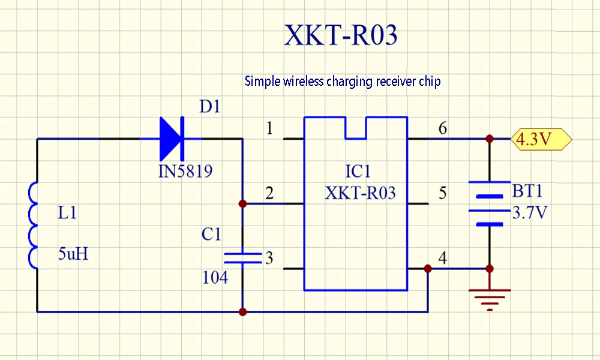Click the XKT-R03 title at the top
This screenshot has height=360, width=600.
pyautogui.click(x=340, y=36)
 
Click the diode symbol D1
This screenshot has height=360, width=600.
pyautogui.click(x=172, y=139)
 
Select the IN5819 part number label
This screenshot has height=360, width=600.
pyautogui.click(x=185, y=172)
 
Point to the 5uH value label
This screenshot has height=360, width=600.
pyautogui.click(x=73, y=254)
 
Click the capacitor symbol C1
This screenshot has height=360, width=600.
pyautogui.click(x=242, y=258)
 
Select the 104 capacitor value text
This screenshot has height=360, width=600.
pyautogui.click(x=215, y=278)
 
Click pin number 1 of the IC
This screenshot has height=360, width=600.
pyautogui.click(x=269, y=128)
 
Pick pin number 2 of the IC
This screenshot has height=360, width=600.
pyautogui.click(x=269, y=193)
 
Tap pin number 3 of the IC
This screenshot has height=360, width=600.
pyautogui.click(x=269, y=258)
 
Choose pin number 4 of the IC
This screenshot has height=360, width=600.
pyautogui.click(x=443, y=258)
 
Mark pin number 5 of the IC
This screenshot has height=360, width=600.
pyautogui.click(x=443, y=193)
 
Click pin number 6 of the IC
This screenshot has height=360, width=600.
pyautogui.click(x=443, y=128)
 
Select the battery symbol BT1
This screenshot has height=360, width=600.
pyautogui.click(x=490, y=203)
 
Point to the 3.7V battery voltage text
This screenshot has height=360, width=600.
pyautogui.click(x=529, y=212)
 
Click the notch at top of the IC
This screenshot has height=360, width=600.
pyautogui.click(x=356, y=128)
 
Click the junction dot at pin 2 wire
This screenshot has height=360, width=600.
pyautogui.click(x=242, y=204)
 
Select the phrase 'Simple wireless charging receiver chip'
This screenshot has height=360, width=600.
pyautogui.click(x=342, y=81)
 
